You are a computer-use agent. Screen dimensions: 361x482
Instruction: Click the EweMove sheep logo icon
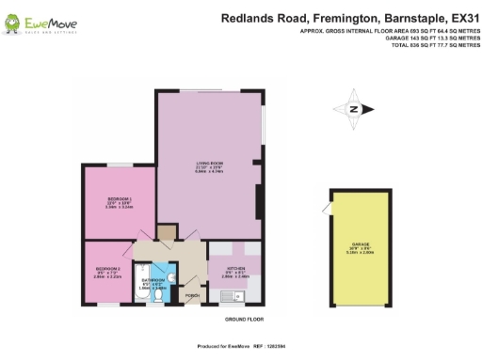[17, 21]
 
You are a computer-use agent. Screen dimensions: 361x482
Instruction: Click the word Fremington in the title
[329, 17]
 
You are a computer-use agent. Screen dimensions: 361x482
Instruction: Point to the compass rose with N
[354, 109]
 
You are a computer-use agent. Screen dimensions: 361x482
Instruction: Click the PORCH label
[192, 295]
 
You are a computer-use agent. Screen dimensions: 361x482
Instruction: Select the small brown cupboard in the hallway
[167, 231]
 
